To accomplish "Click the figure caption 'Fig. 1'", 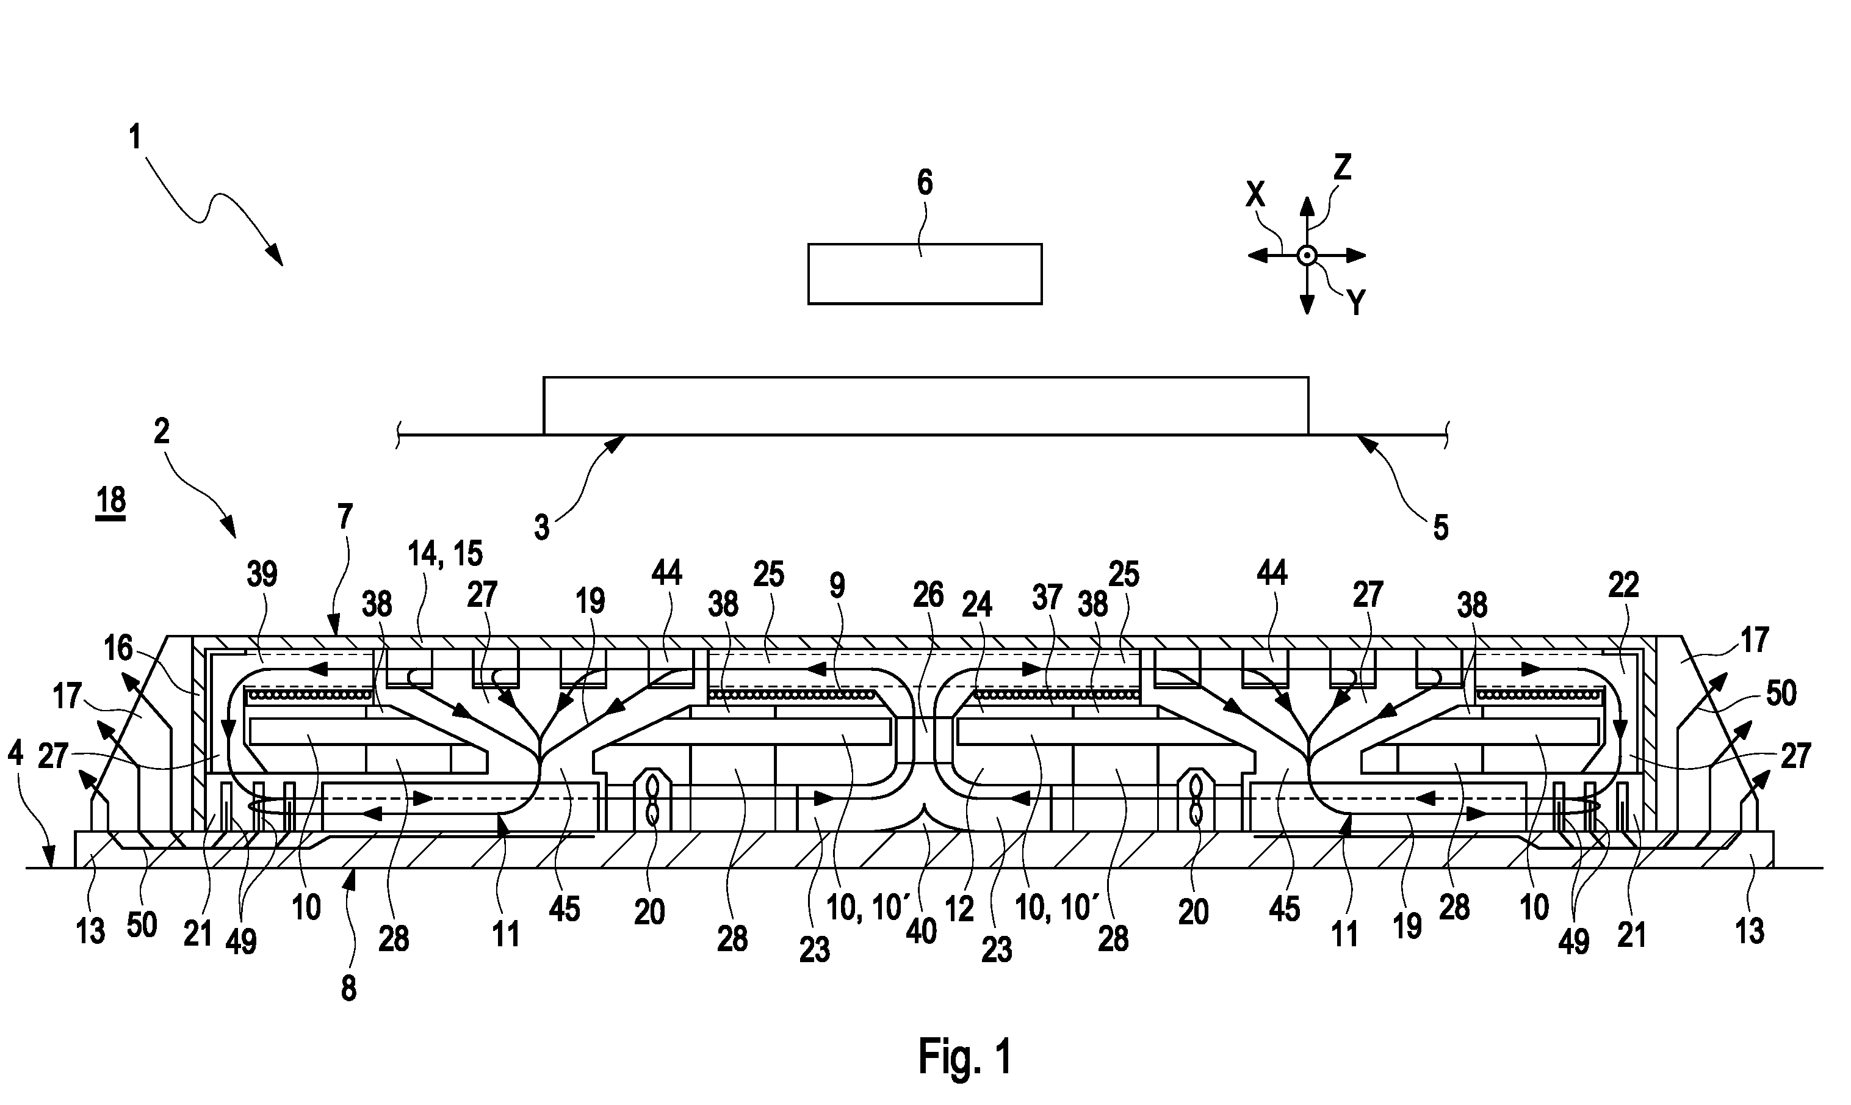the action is pyautogui.click(x=965, y=1056).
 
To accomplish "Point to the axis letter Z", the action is pyautogui.click(x=1341, y=168).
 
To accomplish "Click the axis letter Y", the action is pyautogui.click(x=1356, y=303).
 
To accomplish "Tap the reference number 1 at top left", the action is pyautogui.click(x=135, y=138).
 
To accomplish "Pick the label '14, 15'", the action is pyautogui.click(x=445, y=554).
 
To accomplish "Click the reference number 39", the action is pyautogui.click(x=262, y=575).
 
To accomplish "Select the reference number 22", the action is pyautogui.click(x=1623, y=585).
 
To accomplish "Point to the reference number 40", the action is pyautogui.click(x=922, y=932).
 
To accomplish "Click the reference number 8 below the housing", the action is pyautogui.click(x=348, y=988).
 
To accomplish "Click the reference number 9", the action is pyautogui.click(x=837, y=586).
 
